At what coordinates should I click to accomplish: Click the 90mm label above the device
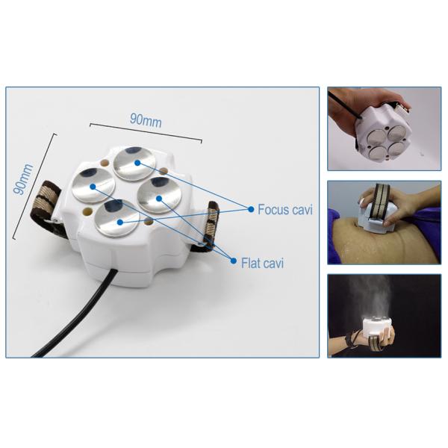click(x=146, y=120)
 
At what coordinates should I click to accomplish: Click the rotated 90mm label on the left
click(x=23, y=179)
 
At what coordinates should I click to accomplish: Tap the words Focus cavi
click(x=285, y=209)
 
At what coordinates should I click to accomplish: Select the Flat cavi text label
click(x=262, y=263)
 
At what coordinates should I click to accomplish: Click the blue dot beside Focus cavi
click(x=251, y=209)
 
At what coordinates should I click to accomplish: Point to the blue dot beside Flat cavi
click(x=234, y=261)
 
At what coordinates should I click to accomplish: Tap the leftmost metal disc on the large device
click(x=93, y=186)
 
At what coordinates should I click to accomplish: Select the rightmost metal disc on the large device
click(x=158, y=195)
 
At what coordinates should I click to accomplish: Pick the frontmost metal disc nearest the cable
click(x=117, y=219)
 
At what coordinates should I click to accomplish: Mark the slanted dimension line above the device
click(x=146, y=133)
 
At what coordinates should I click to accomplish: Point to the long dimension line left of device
click(x=34, y=186)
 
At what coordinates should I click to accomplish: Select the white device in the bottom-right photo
click(x=379, y=326)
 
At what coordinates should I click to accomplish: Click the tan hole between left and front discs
click(x=87, y=211)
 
